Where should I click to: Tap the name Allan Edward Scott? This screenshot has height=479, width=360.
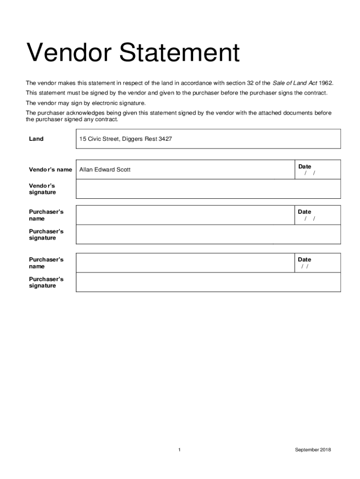105,169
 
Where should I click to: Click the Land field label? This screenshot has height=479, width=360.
36,139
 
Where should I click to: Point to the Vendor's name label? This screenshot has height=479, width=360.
50,169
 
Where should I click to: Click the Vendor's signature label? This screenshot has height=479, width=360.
42,189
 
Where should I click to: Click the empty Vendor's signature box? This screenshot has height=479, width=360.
208,189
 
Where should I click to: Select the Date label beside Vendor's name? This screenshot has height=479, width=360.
304,167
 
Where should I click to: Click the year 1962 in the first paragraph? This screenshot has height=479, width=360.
325,83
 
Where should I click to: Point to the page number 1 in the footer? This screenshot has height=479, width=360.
180,450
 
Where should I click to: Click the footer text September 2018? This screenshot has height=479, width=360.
313,450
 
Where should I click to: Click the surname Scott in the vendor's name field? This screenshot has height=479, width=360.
123,169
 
